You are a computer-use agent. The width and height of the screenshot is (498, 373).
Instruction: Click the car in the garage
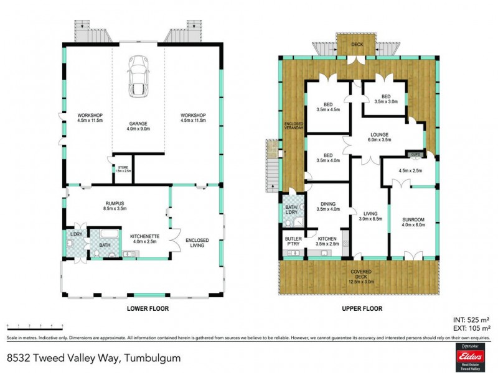pos(138,76)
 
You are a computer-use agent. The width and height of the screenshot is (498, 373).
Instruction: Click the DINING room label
pos(327,205)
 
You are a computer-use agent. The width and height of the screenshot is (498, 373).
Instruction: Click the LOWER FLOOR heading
pos(148,308)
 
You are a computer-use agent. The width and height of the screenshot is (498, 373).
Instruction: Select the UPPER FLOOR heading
pos(361,308)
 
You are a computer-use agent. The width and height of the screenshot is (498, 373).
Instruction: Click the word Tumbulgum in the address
pos(153,357)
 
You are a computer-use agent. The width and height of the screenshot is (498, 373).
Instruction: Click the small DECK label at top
pos(357,44)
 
